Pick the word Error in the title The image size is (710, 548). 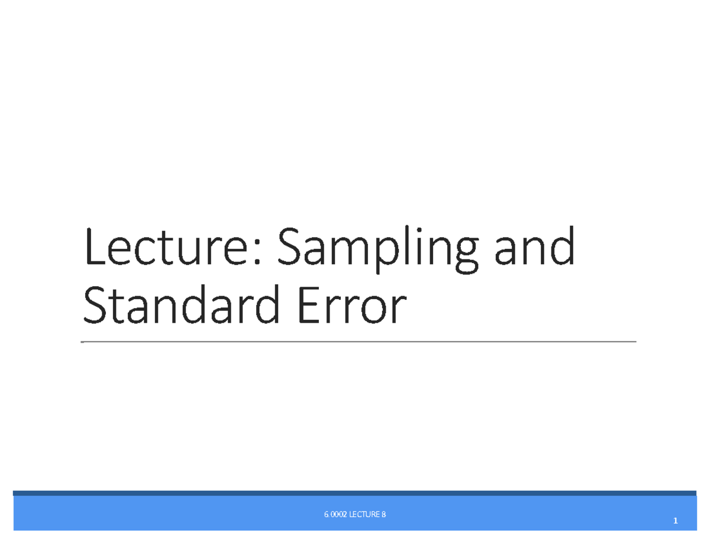tap(353, 306)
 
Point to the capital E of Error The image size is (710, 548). tap(309, 306)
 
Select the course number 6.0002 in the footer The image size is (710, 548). tap(335, 515)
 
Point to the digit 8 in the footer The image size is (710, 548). tap(383, 515)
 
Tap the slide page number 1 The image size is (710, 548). tap(675, 521)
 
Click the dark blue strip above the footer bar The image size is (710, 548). tap(355, 493)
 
